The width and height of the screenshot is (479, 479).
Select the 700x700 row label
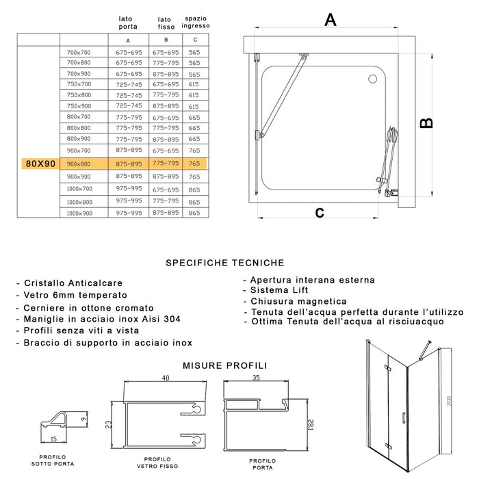coord(79,53)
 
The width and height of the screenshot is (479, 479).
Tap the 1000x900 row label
coord(79,213)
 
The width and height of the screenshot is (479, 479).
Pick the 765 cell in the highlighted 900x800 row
coord(194,164)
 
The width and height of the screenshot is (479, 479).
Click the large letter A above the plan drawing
coord(331,20)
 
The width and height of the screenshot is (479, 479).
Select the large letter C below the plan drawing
coord(319,212)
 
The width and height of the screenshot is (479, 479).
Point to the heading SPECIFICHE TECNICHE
coord(224,262)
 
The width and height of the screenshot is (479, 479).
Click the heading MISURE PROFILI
coord(224,366)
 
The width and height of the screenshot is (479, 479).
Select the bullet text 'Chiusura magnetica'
coord(298,301)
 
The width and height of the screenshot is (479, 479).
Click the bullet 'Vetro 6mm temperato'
coord(76,295)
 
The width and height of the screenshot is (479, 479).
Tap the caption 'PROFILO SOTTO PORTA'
coord(53,460)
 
